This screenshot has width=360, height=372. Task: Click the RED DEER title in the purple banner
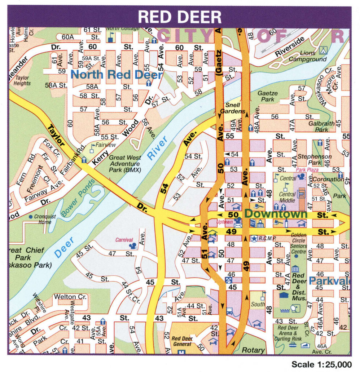pos(179,17)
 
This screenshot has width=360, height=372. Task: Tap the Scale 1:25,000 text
pos(321,364)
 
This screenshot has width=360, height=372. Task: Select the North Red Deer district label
pos(117,75)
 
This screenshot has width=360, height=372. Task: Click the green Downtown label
pos(276,213)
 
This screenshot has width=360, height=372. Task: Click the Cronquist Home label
pos(45,219)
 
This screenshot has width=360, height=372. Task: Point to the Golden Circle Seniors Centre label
pos(298,243)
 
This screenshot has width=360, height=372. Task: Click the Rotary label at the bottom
pos(253,350)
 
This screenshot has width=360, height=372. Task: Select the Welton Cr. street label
pos(70,297)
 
